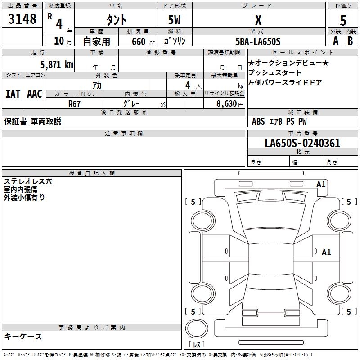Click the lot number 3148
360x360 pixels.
22,19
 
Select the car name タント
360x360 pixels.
116,20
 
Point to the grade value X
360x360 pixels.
258,20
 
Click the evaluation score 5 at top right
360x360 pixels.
343,20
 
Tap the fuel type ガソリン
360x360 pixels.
175,41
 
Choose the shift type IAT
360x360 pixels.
13,94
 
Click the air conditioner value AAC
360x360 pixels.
35,94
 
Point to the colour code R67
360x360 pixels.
74,103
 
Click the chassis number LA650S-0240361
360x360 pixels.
302,144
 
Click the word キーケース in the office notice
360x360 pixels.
23,337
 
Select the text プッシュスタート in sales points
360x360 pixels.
275,73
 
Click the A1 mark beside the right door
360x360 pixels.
326,252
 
